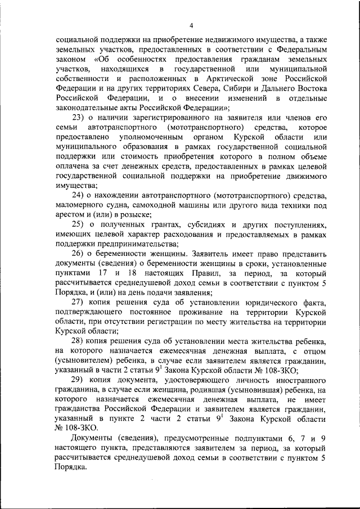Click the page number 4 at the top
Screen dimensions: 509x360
click(191, 25)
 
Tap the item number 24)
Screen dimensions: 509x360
click(79, 195)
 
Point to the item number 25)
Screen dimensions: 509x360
click(79, 224)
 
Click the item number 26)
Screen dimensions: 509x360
click(79, 254)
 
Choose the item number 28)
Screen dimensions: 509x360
click(79, 342)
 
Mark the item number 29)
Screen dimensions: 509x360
click(79, 381)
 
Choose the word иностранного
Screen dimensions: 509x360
click(297, 381)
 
